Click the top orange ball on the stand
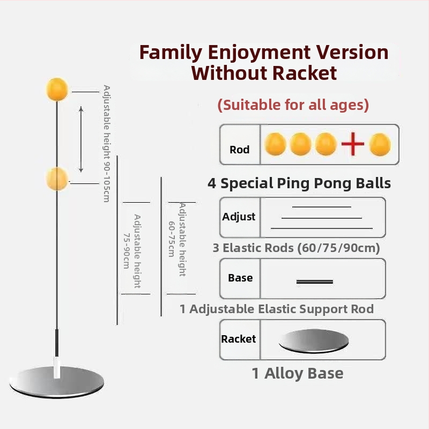(57, 90)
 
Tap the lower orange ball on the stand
(57, 179)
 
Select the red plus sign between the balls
(353, 144)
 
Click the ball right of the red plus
(380, 144)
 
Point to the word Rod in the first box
(239, 150)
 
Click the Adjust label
(239, 217)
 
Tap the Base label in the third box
(240, 278)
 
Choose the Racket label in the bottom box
(238, 339)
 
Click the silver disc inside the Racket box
(314, 341)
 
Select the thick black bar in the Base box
(315, 282)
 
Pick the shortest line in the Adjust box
(321, 207)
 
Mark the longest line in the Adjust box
(321, 228)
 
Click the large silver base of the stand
(57, 382)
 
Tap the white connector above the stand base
(57, 367)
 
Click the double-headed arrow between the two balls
(81, 139)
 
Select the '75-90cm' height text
(127, 251)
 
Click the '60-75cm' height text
(172, 239)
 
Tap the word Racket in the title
(304, 73)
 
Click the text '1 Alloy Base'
(298, 373)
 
